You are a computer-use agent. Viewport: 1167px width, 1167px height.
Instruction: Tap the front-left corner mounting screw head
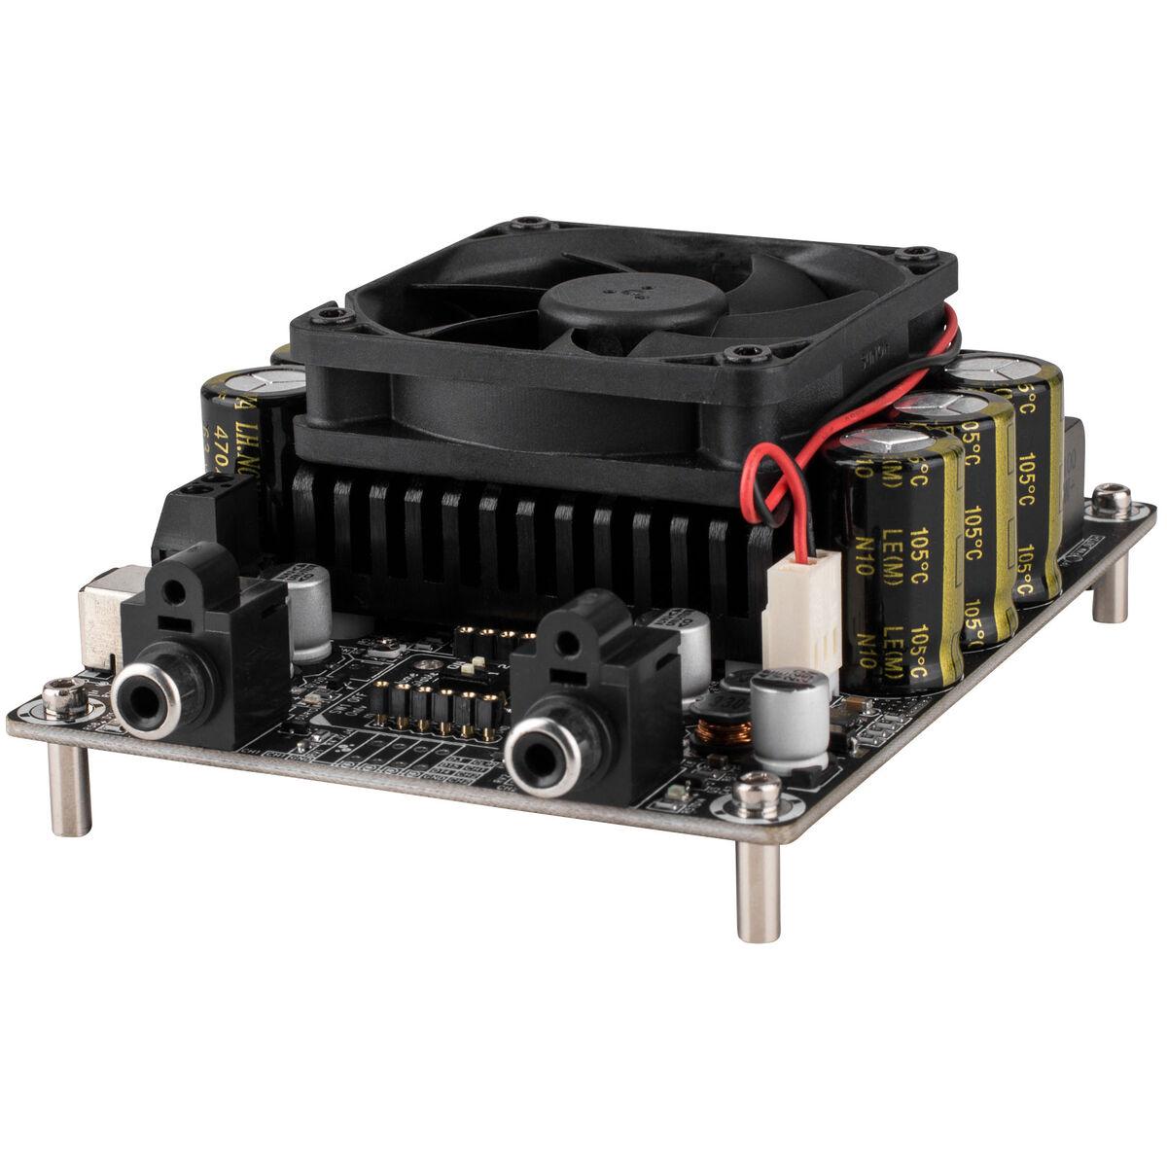pos(61,693)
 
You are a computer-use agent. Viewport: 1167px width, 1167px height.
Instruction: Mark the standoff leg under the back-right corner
pos(1106,594)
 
